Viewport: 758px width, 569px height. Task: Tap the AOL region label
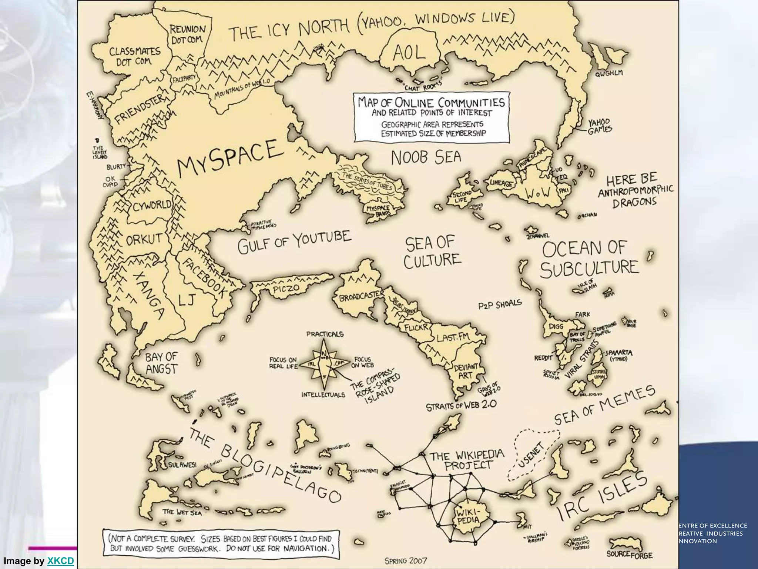click(x=409, y=54)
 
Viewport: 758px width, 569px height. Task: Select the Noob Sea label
click(x=426, y=157)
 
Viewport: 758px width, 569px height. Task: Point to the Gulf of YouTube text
click(x=294, y=243)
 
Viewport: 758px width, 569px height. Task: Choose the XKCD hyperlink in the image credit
click(x=61, y=561)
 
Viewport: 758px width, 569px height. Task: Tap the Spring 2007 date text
click(x=406, y=561)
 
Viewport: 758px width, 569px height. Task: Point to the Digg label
click(x=556, y=326)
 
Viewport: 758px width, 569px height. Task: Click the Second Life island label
click(x=462, y=197)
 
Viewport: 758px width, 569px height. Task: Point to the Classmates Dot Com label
click(x=134, y=56)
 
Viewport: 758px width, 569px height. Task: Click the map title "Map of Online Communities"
click(x=431, y=102)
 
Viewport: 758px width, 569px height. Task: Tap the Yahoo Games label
click(x=600, y=126)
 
